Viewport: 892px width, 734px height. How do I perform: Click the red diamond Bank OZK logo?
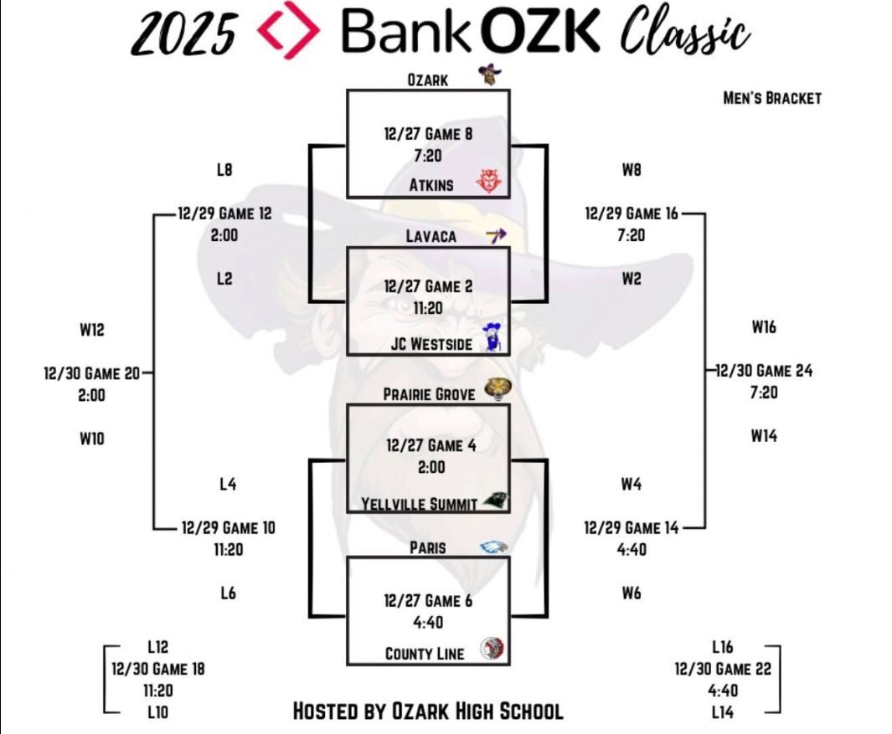click(289, 31)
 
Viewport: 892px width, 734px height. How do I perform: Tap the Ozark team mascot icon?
click(488, 76)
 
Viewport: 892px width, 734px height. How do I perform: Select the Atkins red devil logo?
click(488, 181)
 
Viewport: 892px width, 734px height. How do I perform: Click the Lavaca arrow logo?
click(496, 236)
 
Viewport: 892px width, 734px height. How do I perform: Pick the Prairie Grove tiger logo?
click(498, 390)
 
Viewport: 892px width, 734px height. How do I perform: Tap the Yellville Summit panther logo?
click(493, 500)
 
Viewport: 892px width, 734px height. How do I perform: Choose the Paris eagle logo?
click(493, 547)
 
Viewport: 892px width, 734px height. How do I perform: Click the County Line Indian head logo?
click(493, 649)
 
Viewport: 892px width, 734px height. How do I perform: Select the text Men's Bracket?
click(771, 98)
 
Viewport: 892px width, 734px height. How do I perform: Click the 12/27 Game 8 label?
click(428, 133)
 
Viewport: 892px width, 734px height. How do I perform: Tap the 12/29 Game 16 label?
click(632, 213)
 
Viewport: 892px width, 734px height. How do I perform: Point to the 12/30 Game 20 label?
click(92, 373)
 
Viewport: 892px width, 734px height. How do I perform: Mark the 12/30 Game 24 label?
click(764, 370)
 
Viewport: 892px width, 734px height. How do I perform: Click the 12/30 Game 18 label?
click(157, 669)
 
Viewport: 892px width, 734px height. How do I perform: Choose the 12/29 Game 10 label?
click(228, 528)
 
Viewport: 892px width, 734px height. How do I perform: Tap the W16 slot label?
click(763, 326)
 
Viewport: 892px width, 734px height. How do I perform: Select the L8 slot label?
click(224, 170)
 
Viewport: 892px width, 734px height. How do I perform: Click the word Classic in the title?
click(683, 33)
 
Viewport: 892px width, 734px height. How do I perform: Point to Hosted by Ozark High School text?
click(427, 711)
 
